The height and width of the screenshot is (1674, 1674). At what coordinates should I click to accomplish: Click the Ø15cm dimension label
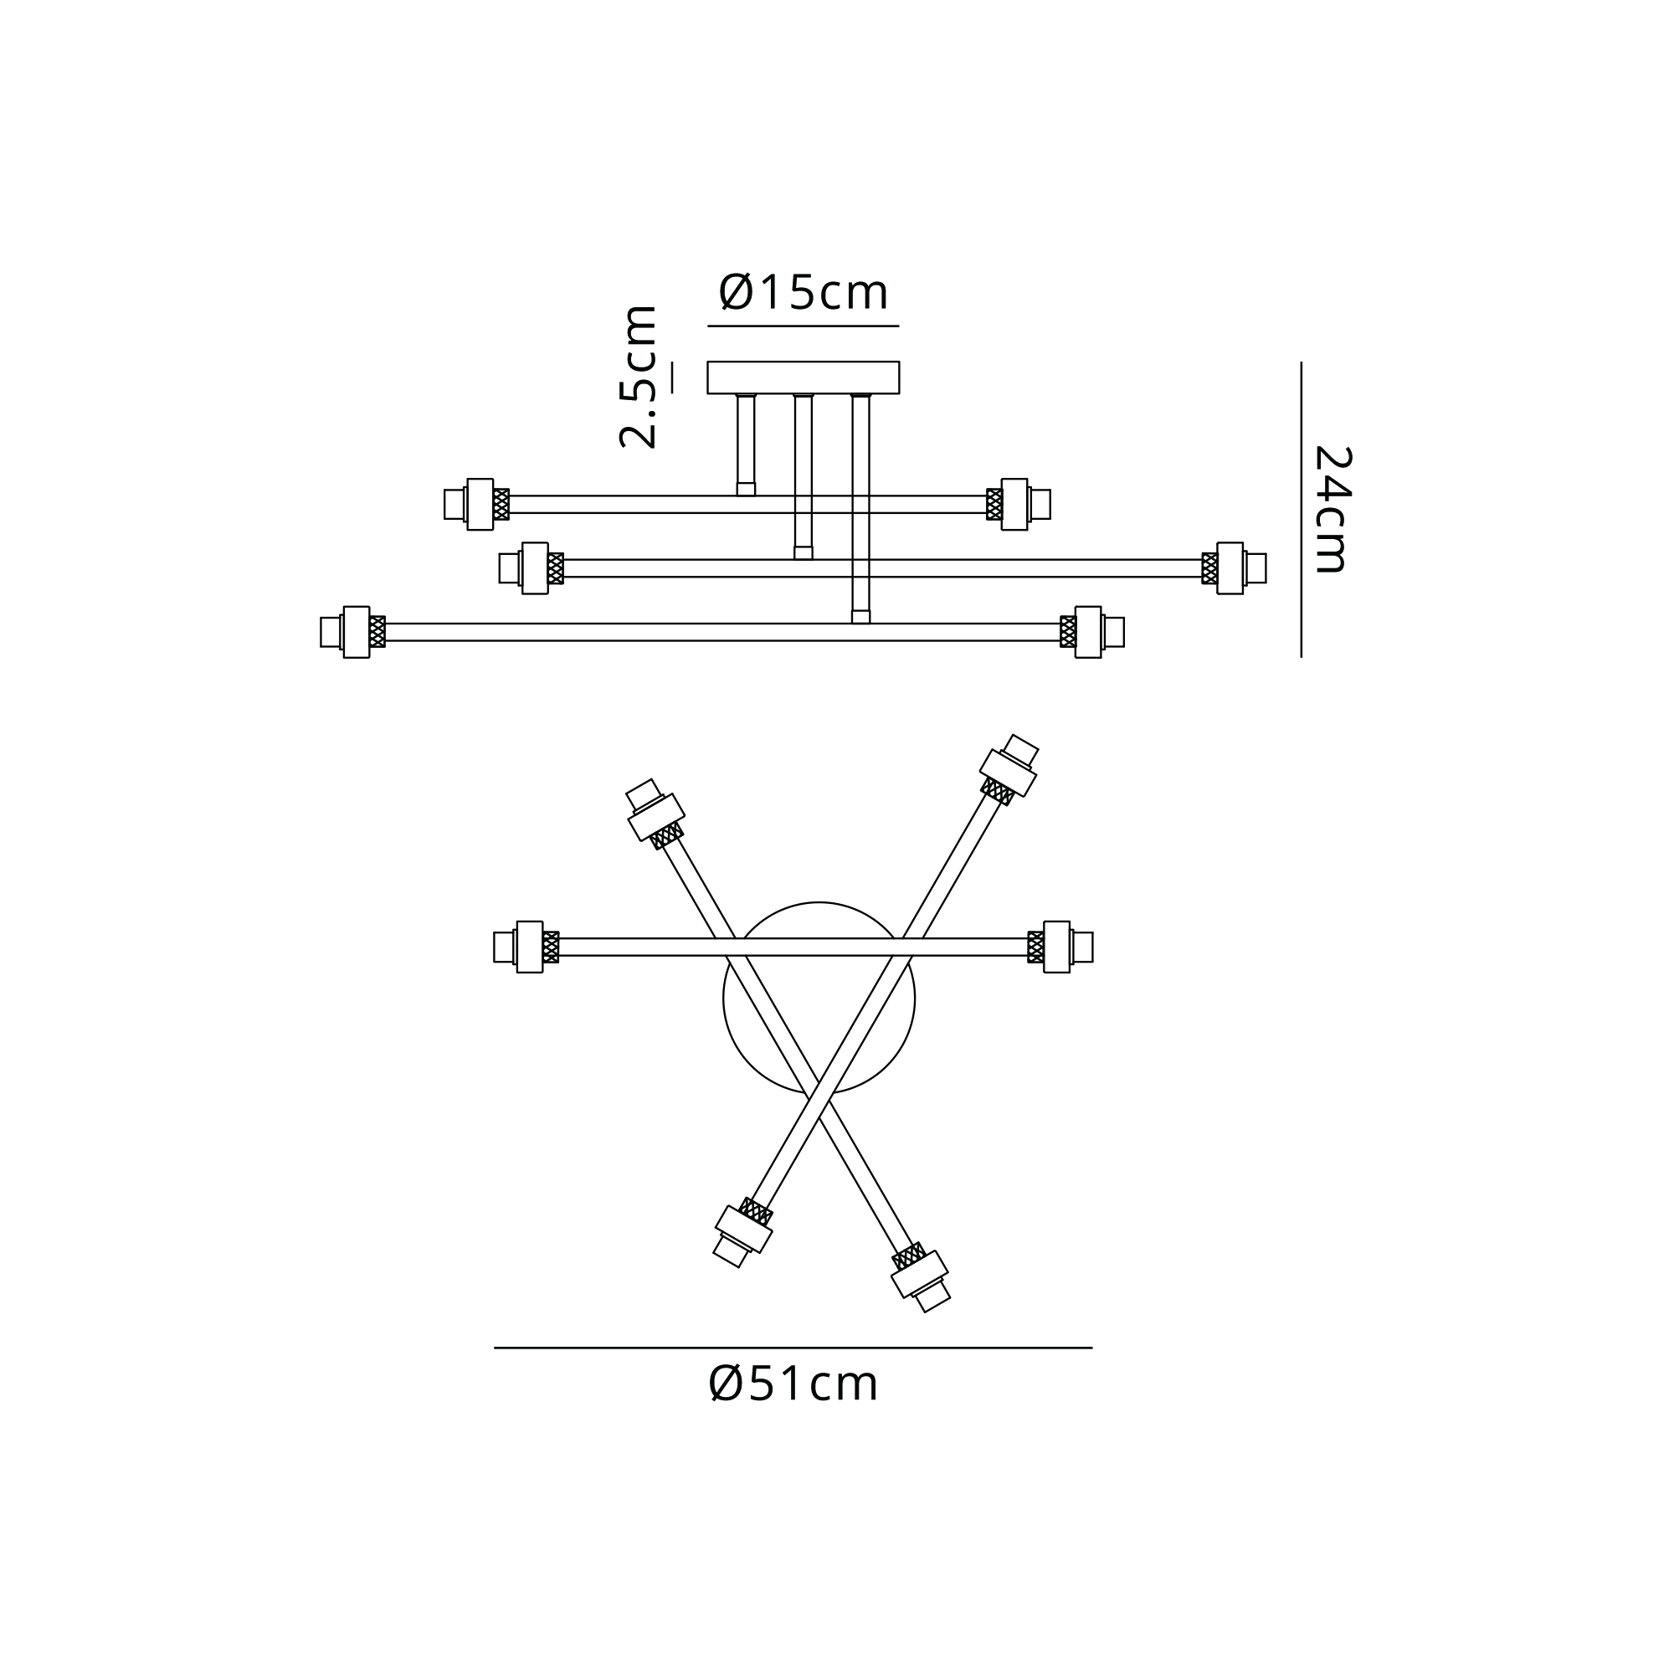(804, 292)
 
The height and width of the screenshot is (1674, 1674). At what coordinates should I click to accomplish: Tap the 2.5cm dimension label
(639, 376)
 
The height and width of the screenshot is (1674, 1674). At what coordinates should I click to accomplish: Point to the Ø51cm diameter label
(793, 1384)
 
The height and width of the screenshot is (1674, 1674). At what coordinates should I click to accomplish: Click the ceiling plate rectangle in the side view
(804, 377)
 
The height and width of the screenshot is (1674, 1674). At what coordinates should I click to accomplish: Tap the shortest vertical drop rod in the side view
(746, 444)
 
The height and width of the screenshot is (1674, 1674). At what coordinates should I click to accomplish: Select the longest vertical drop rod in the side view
(860, 509)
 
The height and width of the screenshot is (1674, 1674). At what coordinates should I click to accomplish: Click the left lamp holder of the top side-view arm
(476, 504)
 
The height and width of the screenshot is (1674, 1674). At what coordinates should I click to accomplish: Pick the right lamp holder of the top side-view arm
(1019, 504)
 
